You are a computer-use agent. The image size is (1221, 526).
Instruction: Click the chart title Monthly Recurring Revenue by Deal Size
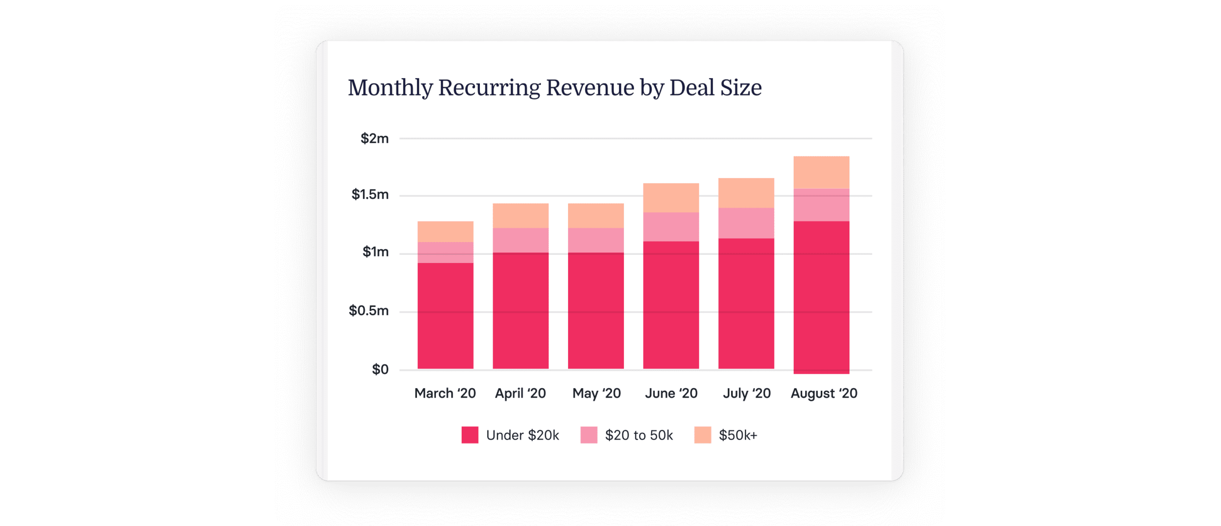pyautogui.click(x=554, y=88)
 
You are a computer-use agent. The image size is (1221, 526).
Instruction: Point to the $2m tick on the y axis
pyautogui.click(x=374, y=139)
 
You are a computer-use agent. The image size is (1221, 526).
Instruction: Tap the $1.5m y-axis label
pyautogui.click(x=370, y=195)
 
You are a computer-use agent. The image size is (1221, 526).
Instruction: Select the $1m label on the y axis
pyautogui.click(x=375, y=252)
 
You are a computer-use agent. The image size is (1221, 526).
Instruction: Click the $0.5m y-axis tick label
pyautogui.click(x=368, y=311)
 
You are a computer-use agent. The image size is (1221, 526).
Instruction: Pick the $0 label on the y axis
pyautogui.click(x=380, y=369)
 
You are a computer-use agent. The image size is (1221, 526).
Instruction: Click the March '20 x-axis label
pyautogui.click(x=445, y=393)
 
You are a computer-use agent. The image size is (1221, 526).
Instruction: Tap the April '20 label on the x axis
pyautogui.click(x=520, y=393)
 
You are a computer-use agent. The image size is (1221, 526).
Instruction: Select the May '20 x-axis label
pyautogui.click(x=596, y=393)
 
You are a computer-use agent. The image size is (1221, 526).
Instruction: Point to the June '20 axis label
pyautogui.click(x=671, y=393)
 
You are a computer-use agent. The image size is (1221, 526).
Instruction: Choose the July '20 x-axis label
pyautogui.click(x=746, y=393)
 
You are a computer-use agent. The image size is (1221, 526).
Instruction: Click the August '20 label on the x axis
pyautogui.click(x=824, y=393)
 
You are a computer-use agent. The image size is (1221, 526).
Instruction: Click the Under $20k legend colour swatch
pyautogui.click(x=470, y=435)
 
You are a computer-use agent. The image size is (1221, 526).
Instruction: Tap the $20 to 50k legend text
pyautogui.click(x=639, y=435)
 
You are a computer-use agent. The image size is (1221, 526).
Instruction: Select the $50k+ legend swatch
pyautogui.click(x=703, y=435)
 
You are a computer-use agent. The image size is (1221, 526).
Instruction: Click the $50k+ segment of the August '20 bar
pyautogui.click(x=821, y=172)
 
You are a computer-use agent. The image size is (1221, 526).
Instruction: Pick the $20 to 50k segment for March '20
pyautogui.click(x=445, y=252)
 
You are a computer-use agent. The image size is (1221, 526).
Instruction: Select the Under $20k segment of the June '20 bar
pyautogui.click(x=671, y=305)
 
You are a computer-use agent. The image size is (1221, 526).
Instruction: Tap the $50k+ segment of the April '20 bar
pyautogui.click(x=520, y=216)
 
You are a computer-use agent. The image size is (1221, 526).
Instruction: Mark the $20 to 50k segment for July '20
pyautogui.click(x=746, y=223)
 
